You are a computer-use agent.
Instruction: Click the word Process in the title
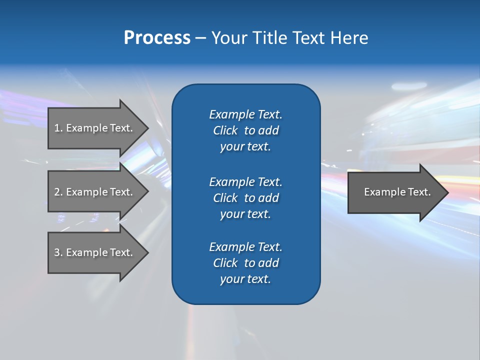coord(157,38)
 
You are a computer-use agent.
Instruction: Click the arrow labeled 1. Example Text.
coord(95,128)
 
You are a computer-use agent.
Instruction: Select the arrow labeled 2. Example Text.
coord(95,192)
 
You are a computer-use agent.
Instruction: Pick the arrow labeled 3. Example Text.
coord(95,252)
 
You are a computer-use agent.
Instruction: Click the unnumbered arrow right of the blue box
coord(395,192)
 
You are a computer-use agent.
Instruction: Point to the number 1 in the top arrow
coord(57,128)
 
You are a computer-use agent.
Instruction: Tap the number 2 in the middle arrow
coord(57,192)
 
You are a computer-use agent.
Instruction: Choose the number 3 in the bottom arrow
coord(57,252)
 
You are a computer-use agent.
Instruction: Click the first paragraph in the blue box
coord(245,130)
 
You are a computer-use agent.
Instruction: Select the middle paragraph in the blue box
coord(245,198)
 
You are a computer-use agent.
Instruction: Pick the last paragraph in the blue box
coord(245,263)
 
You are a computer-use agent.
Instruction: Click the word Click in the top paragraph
coord(225,130)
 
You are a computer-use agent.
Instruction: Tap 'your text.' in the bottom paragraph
coord(245,279)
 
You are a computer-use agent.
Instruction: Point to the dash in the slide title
coord(200,38)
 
